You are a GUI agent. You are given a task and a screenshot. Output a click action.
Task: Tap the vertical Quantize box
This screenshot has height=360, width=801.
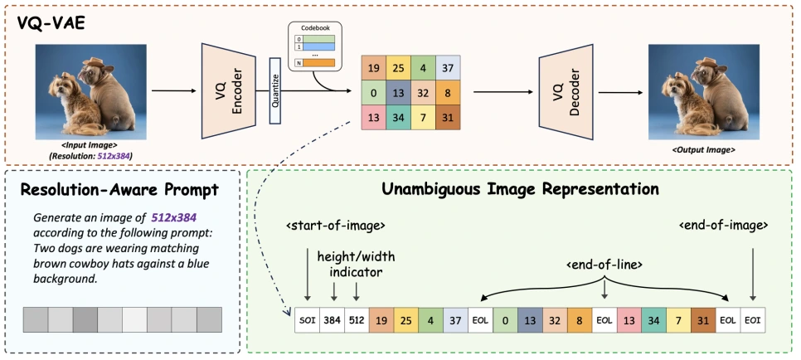276,90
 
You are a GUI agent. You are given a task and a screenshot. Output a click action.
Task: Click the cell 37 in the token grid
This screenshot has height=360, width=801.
448,66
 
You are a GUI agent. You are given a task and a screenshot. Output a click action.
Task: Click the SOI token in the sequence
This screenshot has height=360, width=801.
306,319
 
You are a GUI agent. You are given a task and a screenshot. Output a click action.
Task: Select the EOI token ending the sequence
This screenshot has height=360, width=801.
753,319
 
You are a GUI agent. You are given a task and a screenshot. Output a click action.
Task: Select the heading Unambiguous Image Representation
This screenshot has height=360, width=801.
520,188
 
